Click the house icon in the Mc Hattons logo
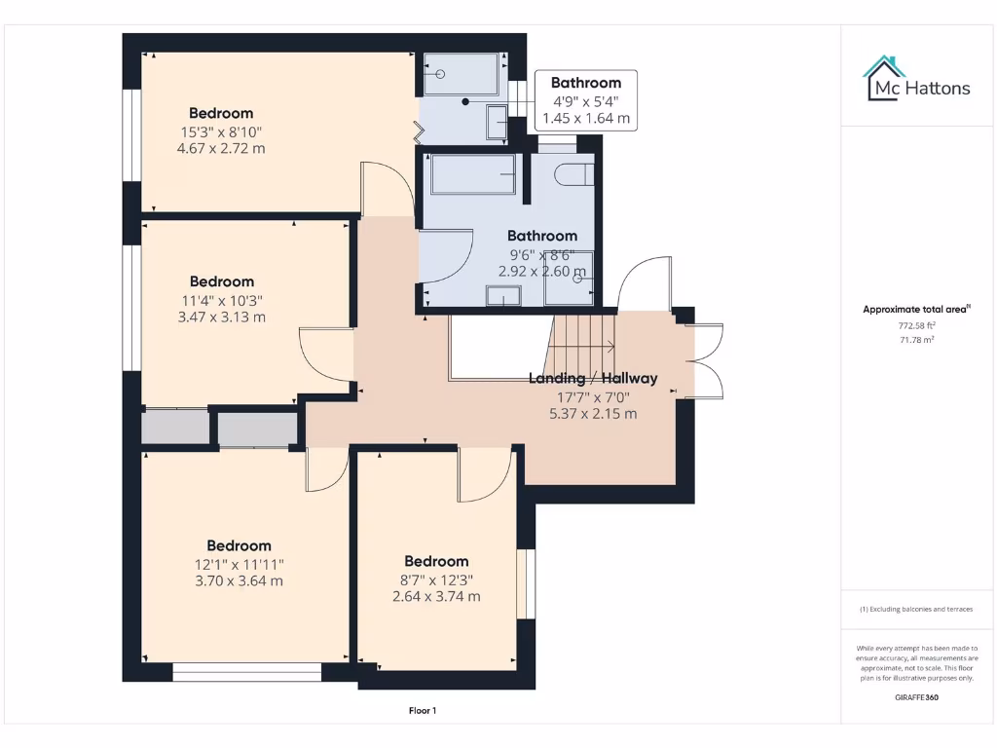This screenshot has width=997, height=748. coord(884,77)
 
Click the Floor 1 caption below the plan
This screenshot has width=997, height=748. coord(422,711)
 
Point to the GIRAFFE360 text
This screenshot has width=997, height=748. coord(917,697)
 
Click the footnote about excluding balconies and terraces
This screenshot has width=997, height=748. coord(916,609)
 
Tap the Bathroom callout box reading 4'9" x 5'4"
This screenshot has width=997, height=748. coord(585,100)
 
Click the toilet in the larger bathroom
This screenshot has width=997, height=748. coord(573,174)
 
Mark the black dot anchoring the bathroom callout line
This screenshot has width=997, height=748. coord(465,101)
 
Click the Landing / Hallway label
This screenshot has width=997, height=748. coord(593,378)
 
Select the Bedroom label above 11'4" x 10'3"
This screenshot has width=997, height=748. coord(221,281)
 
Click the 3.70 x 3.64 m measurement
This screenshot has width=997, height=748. coord(239,581)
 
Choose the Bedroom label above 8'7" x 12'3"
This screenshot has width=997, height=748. coord(436,561)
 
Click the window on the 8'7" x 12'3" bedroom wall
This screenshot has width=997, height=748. coord(526,583)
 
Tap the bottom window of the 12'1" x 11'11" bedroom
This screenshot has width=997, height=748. coord(247,672)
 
